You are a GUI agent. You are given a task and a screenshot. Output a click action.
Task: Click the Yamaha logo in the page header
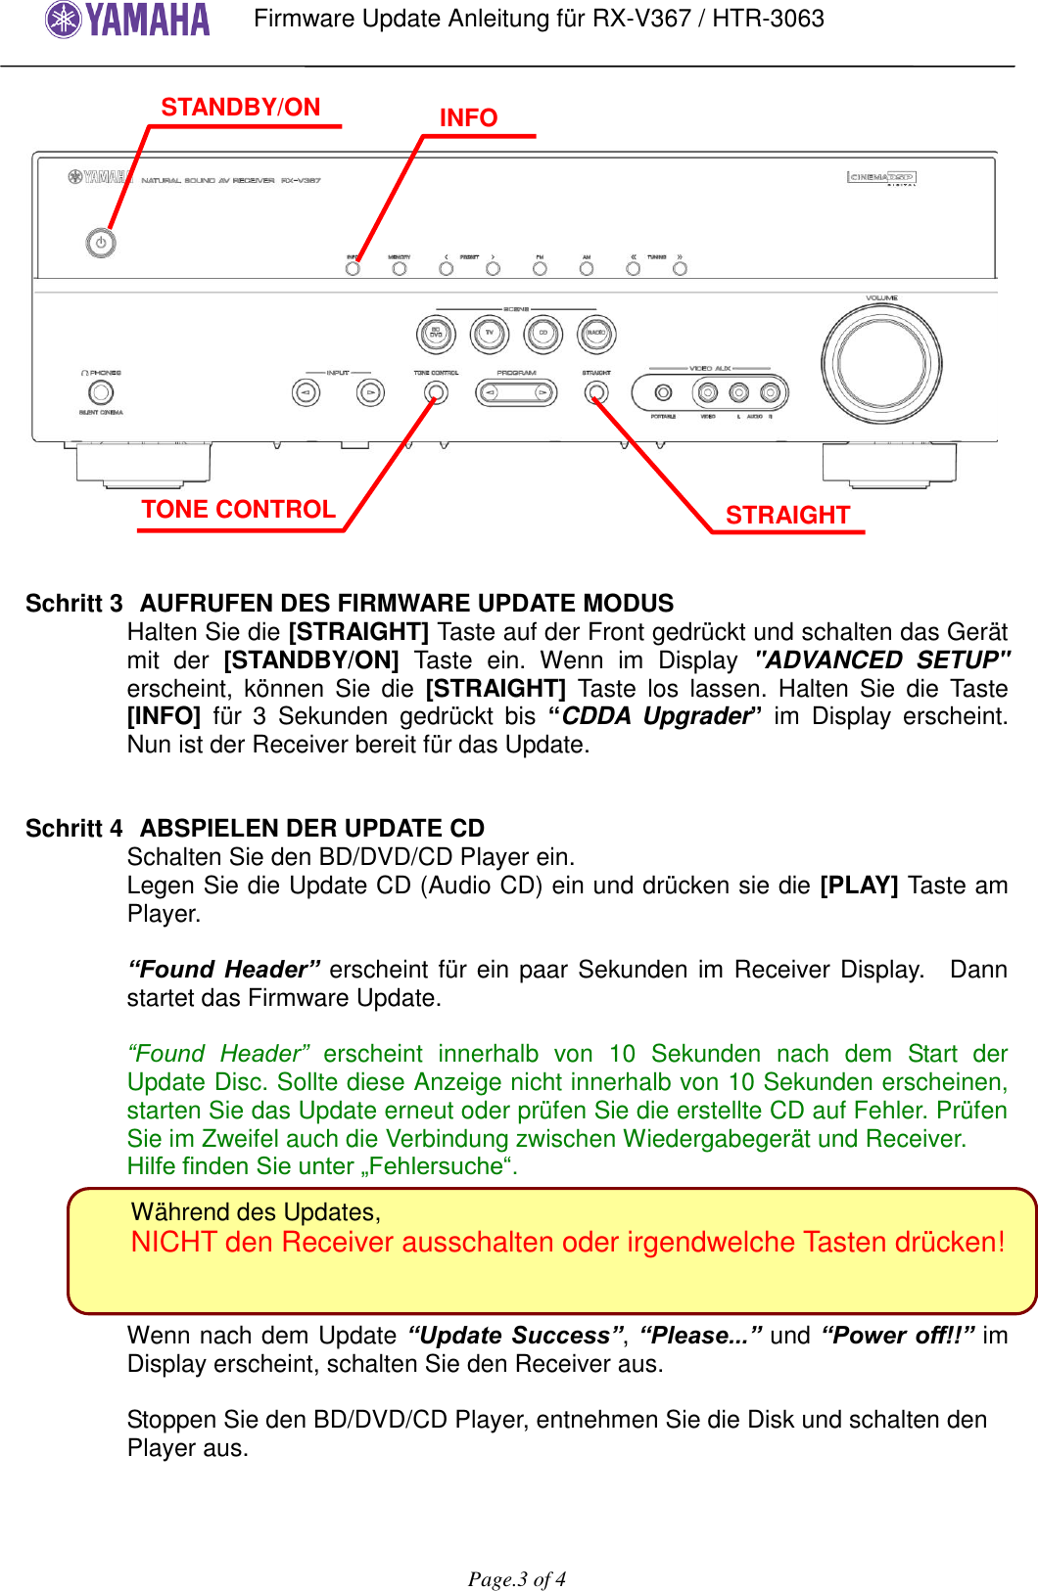pos(127,20)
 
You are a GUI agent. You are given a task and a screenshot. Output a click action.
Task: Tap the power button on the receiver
pos(101,243)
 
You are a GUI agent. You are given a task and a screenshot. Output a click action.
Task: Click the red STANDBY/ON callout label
pos(241,108)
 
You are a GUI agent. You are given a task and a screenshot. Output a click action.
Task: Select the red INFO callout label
pos(468,118)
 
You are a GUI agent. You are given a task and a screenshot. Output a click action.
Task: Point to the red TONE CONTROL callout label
pos(238,510)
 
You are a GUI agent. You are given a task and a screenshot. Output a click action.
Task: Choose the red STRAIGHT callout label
pos(787,516)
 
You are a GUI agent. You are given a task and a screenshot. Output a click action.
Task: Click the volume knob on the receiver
pos(881,364)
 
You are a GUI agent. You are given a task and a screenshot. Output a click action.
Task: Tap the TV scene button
pos(490,334)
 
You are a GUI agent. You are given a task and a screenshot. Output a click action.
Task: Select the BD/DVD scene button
pos(437,334)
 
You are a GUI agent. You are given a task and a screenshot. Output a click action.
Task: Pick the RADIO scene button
pos(595,334)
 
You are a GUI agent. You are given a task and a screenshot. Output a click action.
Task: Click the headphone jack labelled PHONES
pos(101,392)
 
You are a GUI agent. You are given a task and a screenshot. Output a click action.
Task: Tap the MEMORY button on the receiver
pos(400,268)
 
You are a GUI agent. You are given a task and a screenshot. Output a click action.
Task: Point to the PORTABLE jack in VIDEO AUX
pos(664,392)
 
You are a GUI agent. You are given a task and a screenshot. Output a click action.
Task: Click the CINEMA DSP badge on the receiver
pos(881,177)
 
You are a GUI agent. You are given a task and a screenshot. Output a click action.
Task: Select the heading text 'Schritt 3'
pos(74,604)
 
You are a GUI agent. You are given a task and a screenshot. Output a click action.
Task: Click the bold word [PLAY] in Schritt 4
pos(859,886)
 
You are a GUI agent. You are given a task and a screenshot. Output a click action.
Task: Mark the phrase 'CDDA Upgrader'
pos(655,716)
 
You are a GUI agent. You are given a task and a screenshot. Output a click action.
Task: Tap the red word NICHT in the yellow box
pos(173,1243)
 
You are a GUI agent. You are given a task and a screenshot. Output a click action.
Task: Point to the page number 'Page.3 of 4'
pos(517,1579)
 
